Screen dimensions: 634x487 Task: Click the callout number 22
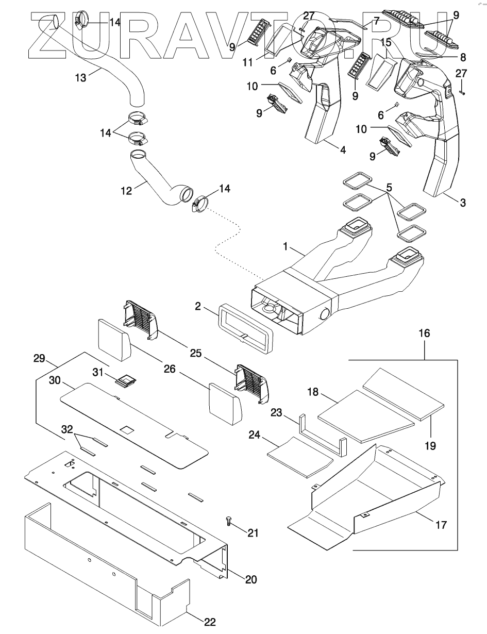click(209, 622)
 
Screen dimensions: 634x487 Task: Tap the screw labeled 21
click(229, 522)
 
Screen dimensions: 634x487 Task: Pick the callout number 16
click(425, 334)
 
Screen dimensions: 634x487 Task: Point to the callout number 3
click(463, 203)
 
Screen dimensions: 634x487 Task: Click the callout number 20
click(250, 579)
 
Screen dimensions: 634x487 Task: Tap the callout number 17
click(441, 525)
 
